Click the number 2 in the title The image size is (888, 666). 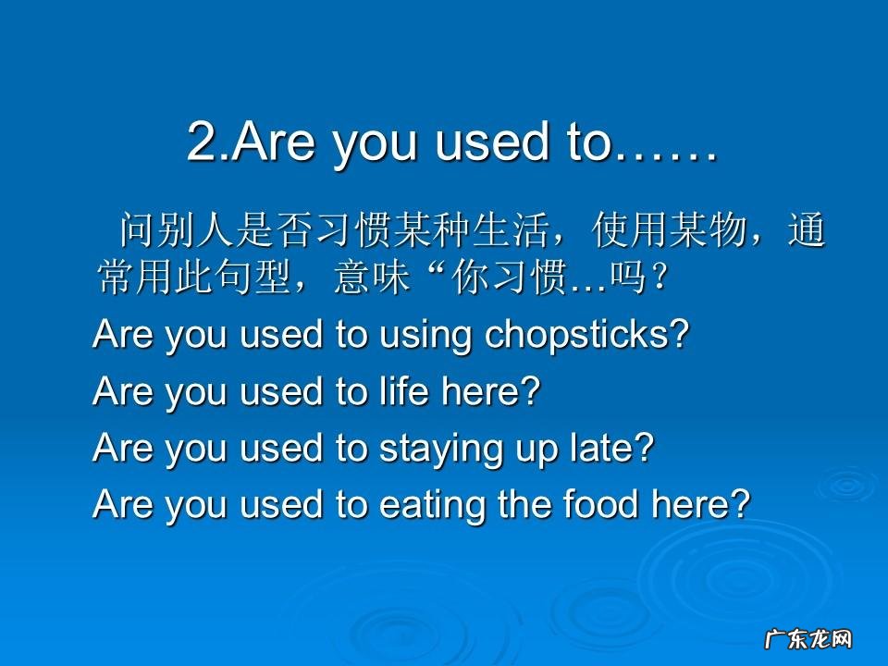[x=201, y=142]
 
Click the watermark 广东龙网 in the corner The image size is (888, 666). [x=807, y=639]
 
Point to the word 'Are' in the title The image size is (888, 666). [x=269, y=142]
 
